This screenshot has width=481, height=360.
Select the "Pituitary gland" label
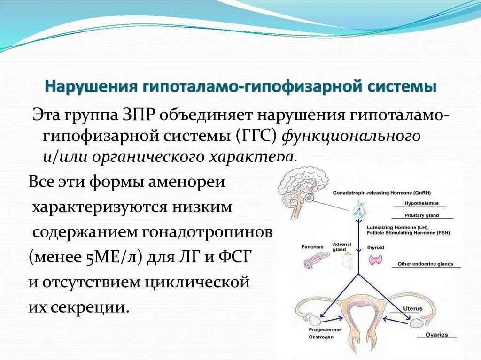click(421, 215)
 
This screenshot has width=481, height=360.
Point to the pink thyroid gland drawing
click(376, 260)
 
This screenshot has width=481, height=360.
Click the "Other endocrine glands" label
click(425, 264)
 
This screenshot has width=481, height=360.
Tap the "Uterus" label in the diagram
click(412, 308)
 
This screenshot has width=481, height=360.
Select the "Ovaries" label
click(436, 335)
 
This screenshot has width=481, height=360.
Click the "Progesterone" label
click(325, 330)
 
